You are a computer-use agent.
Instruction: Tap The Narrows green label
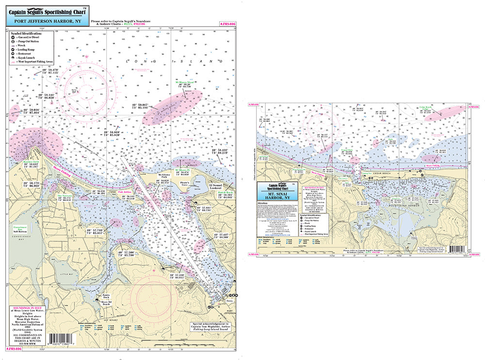65,196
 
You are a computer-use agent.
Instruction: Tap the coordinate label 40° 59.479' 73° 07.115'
47,71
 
